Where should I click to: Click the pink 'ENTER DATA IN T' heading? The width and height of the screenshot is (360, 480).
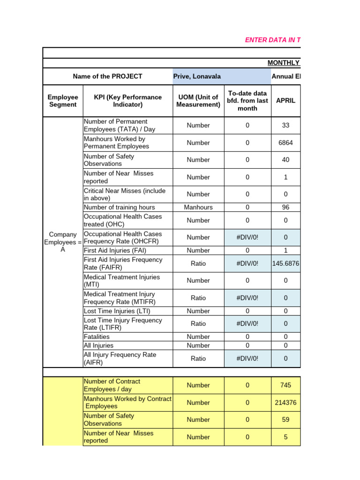(272, 40)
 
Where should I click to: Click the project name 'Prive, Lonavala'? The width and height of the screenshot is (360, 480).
(197, 76)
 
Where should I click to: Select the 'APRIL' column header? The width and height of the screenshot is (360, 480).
(285, 101)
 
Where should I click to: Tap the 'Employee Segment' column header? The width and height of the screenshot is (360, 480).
(62, 101)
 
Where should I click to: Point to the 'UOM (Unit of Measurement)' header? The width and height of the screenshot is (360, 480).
(198, 101)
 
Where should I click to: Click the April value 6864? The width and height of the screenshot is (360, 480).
(285, 142)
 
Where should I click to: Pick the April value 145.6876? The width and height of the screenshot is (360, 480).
(285, 263)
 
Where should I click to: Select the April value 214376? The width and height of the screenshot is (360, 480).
(285, 403)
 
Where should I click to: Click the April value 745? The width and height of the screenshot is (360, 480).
(285, 385)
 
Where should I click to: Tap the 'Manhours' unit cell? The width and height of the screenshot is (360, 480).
(198, 207)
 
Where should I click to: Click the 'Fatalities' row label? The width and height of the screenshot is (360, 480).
(97, 337)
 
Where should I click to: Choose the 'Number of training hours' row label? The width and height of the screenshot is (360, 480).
(119, 207)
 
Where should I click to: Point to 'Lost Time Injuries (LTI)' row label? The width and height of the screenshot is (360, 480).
(117, 311)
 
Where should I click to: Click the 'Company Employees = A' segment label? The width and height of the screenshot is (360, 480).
(63, 242)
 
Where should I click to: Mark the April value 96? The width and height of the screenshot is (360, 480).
(285, 207)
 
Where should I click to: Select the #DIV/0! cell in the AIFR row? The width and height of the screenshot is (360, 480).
(247, 359)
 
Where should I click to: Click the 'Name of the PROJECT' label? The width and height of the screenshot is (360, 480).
(107, 76)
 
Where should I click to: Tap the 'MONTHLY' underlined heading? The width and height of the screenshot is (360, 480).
(283, 63)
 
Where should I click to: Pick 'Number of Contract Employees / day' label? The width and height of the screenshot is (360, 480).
(112, 385)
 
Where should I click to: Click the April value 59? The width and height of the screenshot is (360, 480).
(285, 420)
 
